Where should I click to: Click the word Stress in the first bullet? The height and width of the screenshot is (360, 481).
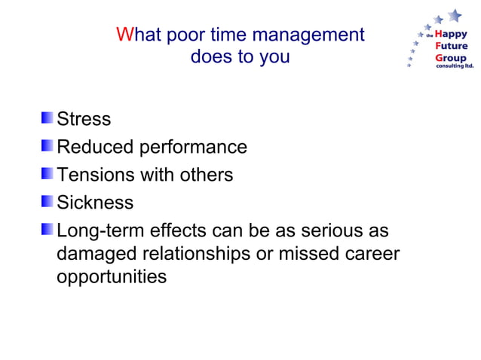[84, 119]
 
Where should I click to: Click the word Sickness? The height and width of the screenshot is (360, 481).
[95, 203]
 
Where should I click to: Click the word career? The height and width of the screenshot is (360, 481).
[372, 254]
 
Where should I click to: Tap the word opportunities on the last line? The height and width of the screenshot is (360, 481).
[111, 277]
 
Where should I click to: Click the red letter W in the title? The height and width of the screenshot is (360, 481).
[124, 35]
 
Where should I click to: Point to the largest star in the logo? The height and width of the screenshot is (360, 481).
[454, 14]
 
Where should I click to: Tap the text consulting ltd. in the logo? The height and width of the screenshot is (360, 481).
[455, 66]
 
